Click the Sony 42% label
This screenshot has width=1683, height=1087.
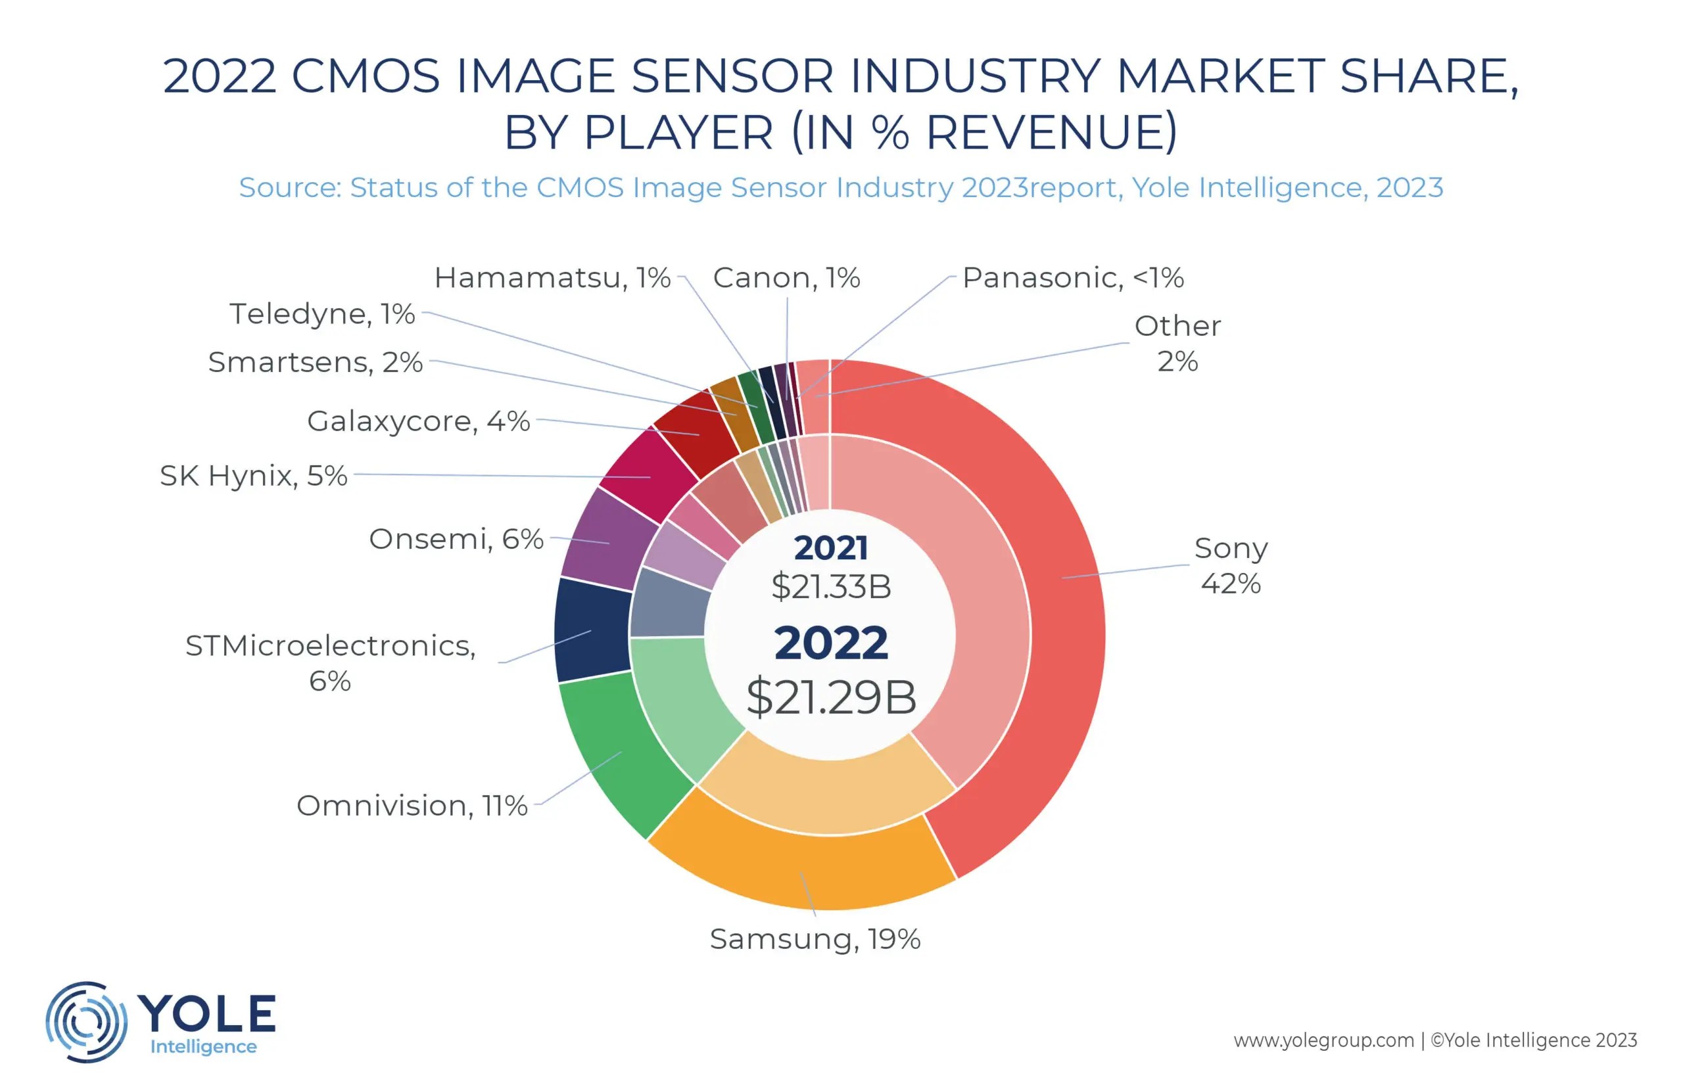(1230, 565)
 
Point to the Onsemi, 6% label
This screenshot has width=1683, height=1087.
(456, 540)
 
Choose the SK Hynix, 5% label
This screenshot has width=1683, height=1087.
(252, 476)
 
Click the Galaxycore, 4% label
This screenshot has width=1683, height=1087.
(418, 421)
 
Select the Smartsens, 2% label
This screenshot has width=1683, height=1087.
(315, 362)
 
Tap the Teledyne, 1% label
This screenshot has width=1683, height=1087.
(322, 314)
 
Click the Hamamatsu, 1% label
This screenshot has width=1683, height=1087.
(552, 278)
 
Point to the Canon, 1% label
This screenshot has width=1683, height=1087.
(786, 278)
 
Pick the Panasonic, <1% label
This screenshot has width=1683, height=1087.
(1072, 278)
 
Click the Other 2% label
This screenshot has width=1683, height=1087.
(1177, 344)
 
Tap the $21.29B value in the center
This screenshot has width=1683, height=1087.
(831, 697)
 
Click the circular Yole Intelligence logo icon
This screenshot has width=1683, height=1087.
(86, 1021)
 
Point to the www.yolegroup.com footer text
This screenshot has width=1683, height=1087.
(1323, 1040)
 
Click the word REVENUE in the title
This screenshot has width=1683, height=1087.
(1051, 132)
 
